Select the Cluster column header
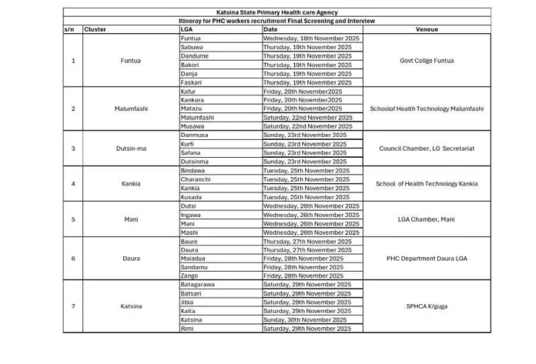coord(95,29)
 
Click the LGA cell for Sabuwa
coord(192,45)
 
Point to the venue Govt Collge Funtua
coord(427,60)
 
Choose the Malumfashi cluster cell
coord(131,109)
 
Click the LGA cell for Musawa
coord(192,126)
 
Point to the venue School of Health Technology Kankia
coord(427,183)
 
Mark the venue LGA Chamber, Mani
coord(427,219)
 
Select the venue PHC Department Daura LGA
coord(427,258)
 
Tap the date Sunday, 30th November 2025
coord(306,319)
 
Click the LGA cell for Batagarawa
coord(198,284)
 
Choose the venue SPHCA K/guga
coord(427,306)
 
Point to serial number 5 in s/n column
coord(72,219)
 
